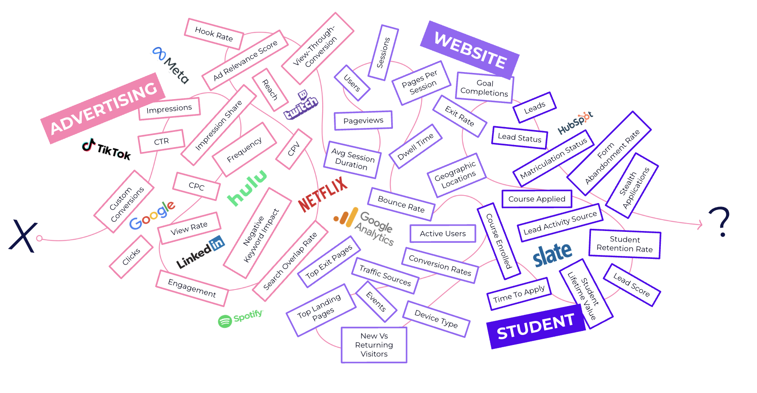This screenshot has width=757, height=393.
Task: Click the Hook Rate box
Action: point(214,34)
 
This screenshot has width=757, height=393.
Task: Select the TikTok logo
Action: point(106,149)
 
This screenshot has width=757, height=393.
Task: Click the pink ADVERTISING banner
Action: point(103,108)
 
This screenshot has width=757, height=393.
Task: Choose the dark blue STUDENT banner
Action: point(535,326)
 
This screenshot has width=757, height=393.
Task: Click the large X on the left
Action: point(23,236)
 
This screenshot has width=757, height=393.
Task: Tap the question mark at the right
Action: point(719,222)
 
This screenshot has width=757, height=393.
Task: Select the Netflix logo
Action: point(323,194)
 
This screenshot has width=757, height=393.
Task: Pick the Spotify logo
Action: point(240,318)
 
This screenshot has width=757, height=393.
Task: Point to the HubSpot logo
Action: point(575,122)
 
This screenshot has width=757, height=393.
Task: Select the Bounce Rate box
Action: point(401,204)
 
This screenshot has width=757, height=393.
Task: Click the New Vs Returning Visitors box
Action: point(374,345)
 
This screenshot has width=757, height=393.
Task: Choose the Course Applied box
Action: point(537,199)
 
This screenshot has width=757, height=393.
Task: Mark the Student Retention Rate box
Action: point(625,244)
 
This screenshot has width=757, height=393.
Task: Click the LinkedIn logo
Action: point(200,252)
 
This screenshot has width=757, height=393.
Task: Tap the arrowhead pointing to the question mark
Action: point(700,224)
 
